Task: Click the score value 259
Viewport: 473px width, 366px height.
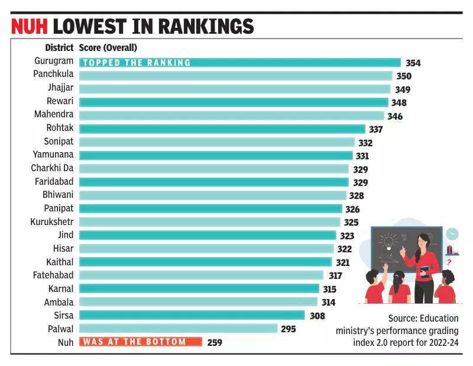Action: [214, 342]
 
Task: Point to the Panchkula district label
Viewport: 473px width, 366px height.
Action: [53, 75]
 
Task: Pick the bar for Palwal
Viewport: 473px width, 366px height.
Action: [178, 328]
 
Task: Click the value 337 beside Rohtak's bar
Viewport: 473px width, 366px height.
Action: [375, 129]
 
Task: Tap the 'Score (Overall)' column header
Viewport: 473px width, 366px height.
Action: [108, 47]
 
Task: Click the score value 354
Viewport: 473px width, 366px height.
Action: [413, 63]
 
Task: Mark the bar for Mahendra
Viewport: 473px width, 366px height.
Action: [231, 115]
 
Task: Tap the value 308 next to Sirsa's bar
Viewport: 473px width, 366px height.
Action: [317, 316]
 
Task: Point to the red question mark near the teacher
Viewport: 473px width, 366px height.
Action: [449, 262]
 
